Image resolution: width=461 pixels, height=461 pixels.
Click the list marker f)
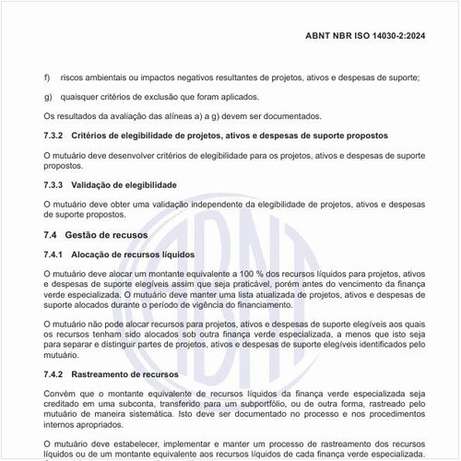point(48,77)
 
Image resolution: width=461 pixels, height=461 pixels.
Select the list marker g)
point(48,97)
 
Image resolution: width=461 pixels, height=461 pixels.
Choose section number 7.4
point(52,235)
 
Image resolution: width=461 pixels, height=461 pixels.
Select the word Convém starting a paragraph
point(61,395)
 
